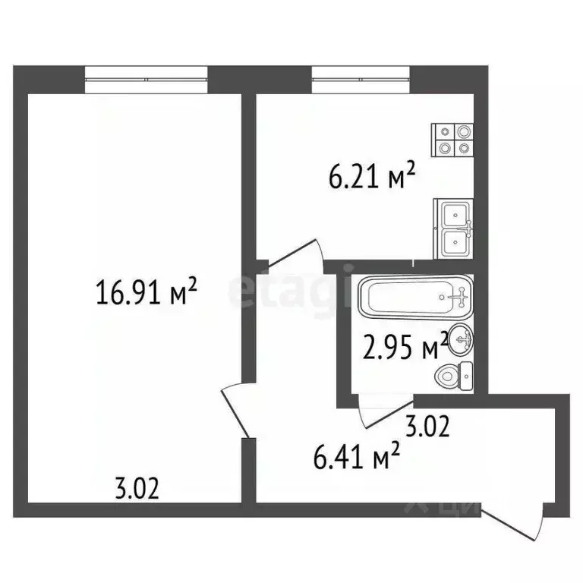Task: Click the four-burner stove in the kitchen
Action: click(453, 140)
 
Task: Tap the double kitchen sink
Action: click(454, 228)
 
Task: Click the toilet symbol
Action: click(455, 375)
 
